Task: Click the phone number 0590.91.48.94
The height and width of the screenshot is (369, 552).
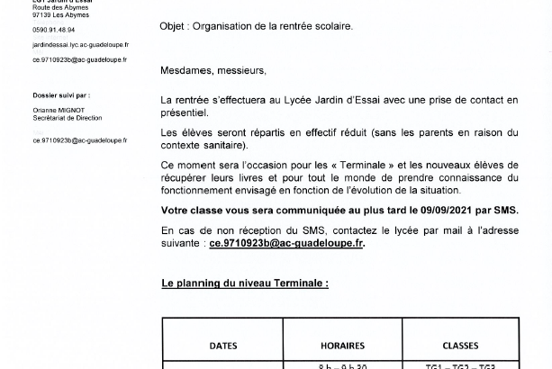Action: [54, 29]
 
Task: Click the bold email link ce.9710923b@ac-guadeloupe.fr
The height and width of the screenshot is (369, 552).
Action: [286, 243]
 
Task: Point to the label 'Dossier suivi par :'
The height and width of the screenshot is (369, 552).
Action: [61, 94]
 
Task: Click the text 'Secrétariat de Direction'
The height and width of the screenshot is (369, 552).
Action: [68, 118]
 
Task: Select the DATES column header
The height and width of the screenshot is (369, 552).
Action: [223, 346]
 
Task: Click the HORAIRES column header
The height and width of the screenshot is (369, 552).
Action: [342, 346]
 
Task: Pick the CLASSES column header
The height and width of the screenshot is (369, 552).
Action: [460, 346]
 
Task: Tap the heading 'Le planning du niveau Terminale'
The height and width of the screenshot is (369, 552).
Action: [245, 283]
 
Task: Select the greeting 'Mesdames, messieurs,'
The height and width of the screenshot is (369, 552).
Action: [213, 70]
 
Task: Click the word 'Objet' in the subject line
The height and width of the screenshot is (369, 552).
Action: [174, 26]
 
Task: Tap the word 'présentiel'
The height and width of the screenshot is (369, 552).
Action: [184, 112]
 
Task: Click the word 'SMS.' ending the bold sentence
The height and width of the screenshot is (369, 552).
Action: [505, 210]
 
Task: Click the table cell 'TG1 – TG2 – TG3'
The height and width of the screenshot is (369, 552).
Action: [460, 365]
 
